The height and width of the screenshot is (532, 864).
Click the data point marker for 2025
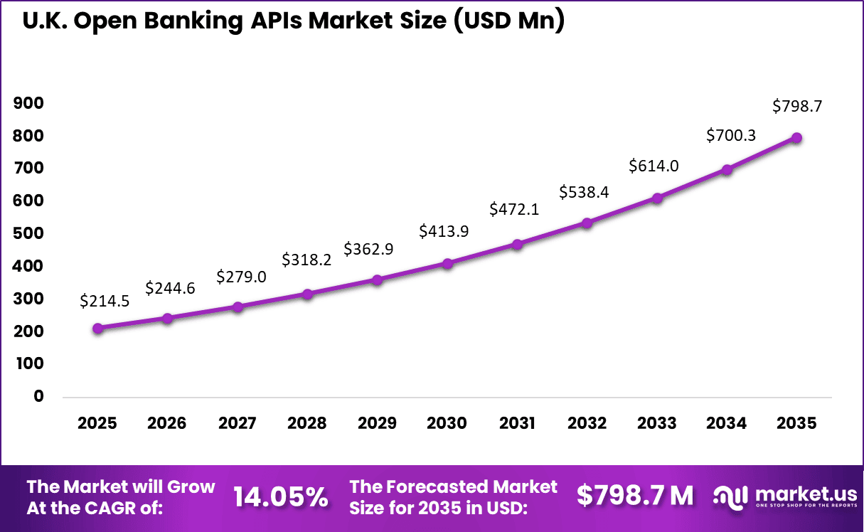(97, 328)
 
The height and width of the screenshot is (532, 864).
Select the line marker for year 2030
(447, 263)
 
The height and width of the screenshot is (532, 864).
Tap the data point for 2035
(797, 138)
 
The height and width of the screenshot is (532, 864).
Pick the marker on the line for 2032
(587, 223)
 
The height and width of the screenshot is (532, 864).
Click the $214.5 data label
(105, 301)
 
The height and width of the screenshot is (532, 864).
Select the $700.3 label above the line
(731, 135)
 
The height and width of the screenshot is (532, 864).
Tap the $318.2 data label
(306, 260)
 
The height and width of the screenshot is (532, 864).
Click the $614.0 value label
(654, 166)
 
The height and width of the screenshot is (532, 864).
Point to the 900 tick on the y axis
(28, 104)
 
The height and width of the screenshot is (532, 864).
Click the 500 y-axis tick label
(28, 234)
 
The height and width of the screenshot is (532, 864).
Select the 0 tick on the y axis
(38, 396)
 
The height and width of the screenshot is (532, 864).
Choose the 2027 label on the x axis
(237, 423)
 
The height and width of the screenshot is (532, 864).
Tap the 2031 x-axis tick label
(517, 423)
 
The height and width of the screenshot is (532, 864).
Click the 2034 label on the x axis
(727, 423)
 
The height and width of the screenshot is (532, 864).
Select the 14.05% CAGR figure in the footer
(281, 496)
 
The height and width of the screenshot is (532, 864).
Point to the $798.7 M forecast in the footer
(634, 496)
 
